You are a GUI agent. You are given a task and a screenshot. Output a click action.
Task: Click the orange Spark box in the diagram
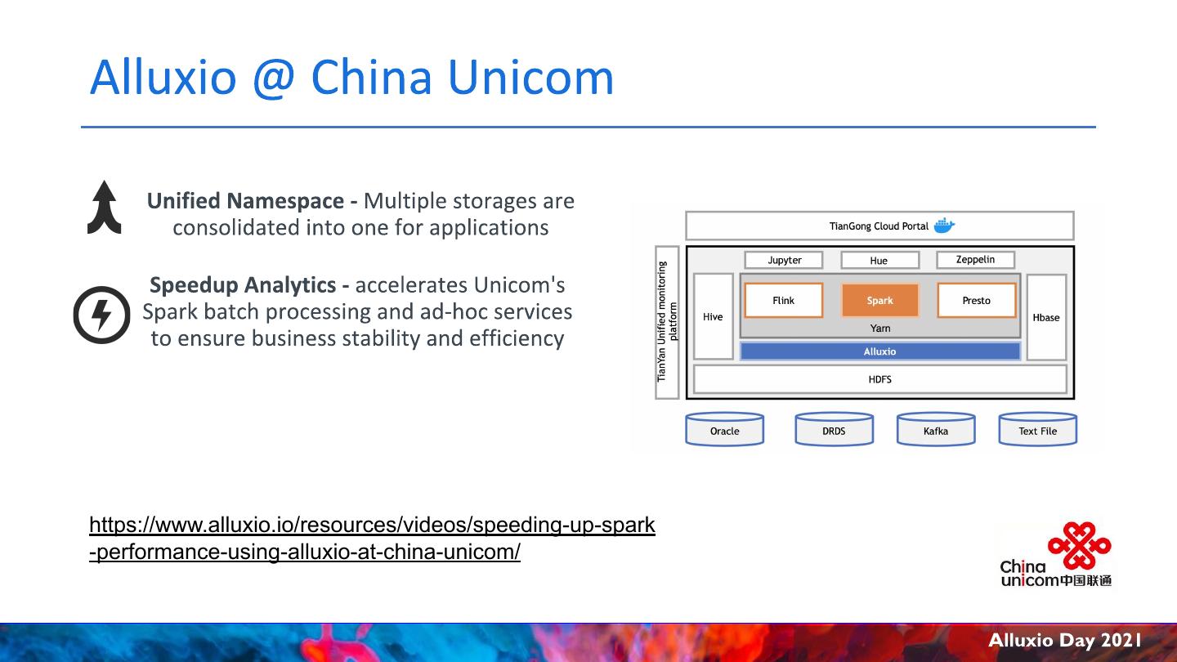[x=879, y=301]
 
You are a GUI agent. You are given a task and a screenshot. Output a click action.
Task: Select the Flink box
[x=783, y=301]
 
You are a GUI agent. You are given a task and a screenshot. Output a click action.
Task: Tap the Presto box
[x=976, y=301]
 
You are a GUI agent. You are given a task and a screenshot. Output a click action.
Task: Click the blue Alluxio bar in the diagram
[x=879, y=351]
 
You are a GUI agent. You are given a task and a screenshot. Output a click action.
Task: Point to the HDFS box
[x=879, y=379]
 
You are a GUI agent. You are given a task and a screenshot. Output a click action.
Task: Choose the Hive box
[x=713, y=317]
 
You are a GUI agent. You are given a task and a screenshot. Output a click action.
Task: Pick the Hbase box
[x=1045, y=317]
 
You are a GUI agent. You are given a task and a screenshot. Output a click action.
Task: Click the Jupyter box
[x=785, y=260]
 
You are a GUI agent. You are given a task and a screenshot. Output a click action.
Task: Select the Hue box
[x=879, y=261]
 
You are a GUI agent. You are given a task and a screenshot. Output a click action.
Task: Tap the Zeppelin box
[x=975, y=260]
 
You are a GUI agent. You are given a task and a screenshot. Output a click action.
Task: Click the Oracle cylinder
[x=724, y=430]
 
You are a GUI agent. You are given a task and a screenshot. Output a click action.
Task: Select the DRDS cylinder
[x=834, y=430]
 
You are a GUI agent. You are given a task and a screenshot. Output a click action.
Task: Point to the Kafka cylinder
[x=936, y=430]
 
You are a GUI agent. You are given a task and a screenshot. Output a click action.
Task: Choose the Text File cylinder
[x=1037, y=430]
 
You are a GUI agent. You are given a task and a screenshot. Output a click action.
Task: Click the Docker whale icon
[x=944, y=226]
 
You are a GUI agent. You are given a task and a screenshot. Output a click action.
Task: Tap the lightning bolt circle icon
[x=101, y=315]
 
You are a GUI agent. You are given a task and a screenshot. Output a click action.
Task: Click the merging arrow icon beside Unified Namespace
[x=105, y=208]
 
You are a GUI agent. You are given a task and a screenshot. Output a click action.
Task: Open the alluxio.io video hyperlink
[x=372, y=538]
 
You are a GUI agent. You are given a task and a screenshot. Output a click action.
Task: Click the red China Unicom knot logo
[x=1079, y=545]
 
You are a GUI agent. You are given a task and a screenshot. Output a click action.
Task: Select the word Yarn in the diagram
[x=880, y=329]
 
